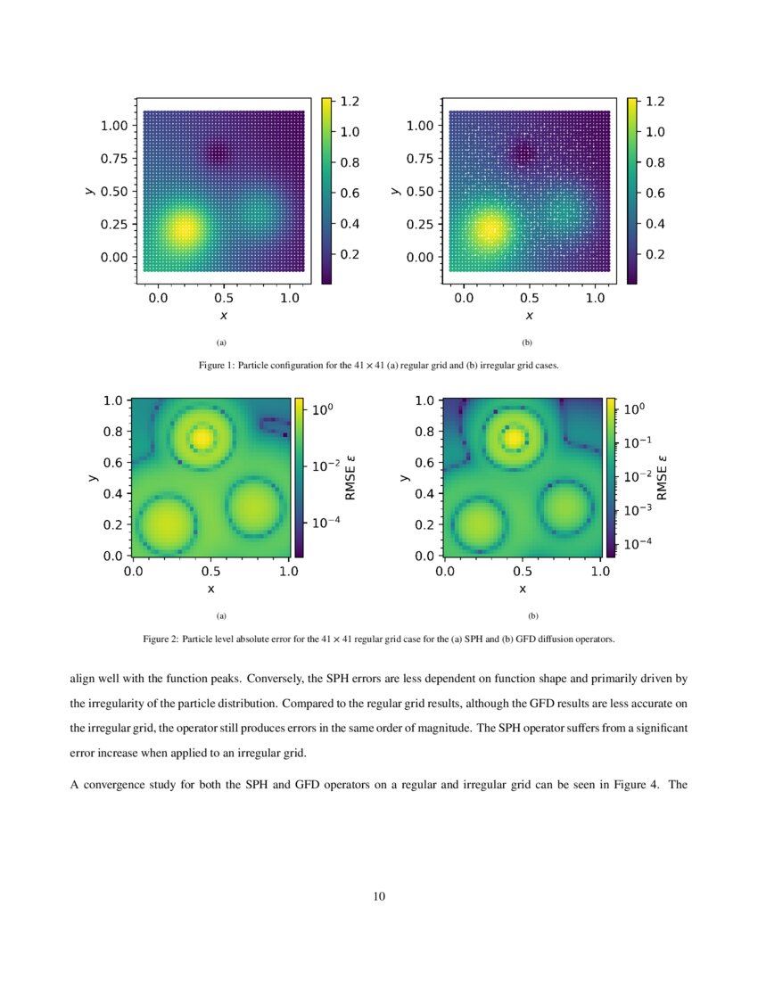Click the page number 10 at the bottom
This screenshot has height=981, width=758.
point(379,896)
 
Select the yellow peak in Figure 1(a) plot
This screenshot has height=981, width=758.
point(184,229)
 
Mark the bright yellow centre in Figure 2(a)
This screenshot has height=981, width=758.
point(204,438)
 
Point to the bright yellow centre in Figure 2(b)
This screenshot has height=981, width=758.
point(515,438)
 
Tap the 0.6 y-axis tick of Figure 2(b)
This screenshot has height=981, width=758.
point(425,462)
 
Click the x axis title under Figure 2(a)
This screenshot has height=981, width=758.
point(211,589)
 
